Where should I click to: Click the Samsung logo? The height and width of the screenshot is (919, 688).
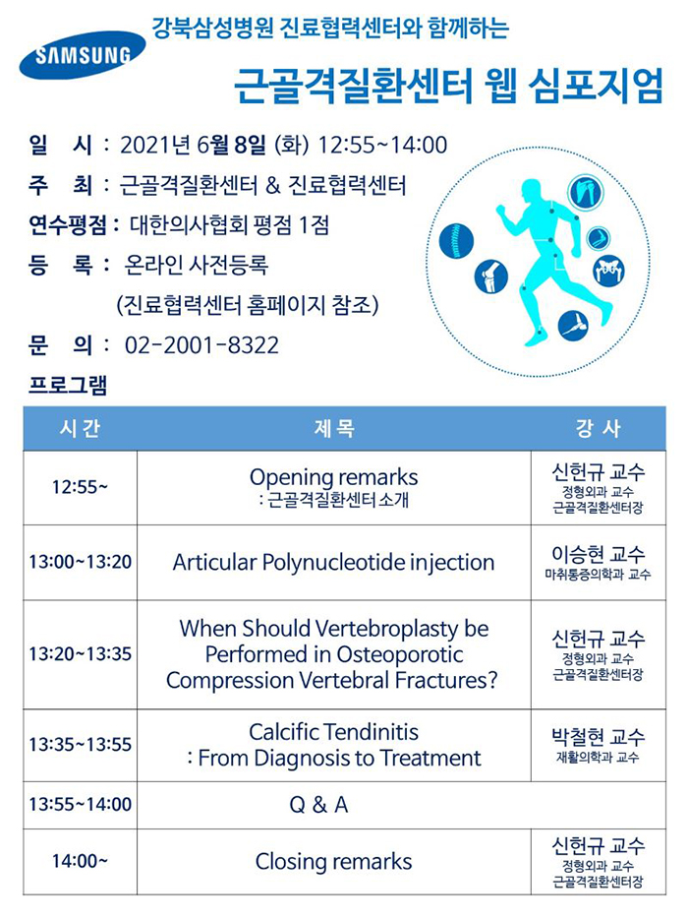82,55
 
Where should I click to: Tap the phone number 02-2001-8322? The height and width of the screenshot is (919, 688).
201,345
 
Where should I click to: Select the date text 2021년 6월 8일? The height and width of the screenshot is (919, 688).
194,145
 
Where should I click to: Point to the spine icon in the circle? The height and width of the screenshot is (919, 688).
456,241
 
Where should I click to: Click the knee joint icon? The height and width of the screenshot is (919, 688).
491,276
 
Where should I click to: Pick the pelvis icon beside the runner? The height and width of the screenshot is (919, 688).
609,271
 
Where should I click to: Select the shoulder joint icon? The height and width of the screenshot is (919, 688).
586,191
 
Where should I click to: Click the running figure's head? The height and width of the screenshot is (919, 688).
533,191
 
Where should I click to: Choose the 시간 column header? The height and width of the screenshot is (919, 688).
81,428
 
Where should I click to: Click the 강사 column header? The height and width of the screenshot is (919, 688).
598,428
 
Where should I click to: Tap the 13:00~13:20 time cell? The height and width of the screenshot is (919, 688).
81,562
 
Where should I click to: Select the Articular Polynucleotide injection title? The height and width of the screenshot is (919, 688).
333,562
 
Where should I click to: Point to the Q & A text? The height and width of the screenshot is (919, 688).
318,805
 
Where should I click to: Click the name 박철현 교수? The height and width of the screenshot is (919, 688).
598,736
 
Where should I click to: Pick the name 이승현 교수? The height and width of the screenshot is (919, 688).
598,553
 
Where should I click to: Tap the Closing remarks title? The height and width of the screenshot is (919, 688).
333,862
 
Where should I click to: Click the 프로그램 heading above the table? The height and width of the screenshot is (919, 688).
68,385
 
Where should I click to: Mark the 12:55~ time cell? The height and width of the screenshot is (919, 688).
81,487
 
